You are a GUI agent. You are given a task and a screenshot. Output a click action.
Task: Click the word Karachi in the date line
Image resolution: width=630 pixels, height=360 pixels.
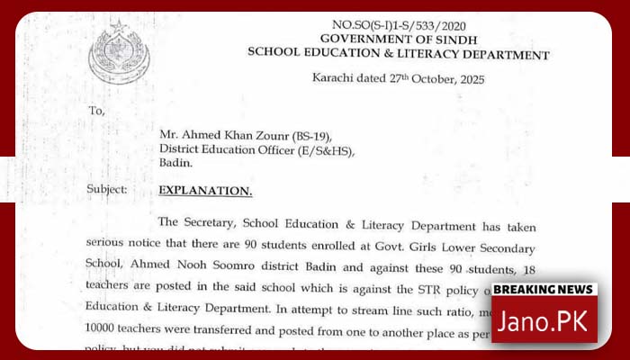[333, 80]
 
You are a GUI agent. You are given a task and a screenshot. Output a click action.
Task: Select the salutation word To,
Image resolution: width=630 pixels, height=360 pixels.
[96, 111]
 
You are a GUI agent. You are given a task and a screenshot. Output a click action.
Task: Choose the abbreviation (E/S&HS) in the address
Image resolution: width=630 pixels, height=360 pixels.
[325, 149]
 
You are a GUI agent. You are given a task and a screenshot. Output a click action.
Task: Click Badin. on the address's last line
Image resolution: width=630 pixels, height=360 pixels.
[175, 165]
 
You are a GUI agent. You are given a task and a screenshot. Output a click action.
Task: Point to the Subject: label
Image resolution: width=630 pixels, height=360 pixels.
[106, 190]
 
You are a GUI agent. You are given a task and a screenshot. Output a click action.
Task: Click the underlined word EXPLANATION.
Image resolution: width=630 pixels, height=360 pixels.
[205, 191]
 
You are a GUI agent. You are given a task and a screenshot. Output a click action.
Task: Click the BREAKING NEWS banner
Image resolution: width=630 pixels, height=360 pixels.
[544, 290]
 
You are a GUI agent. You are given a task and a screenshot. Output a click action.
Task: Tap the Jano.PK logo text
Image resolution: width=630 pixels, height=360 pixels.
[544, 320]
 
